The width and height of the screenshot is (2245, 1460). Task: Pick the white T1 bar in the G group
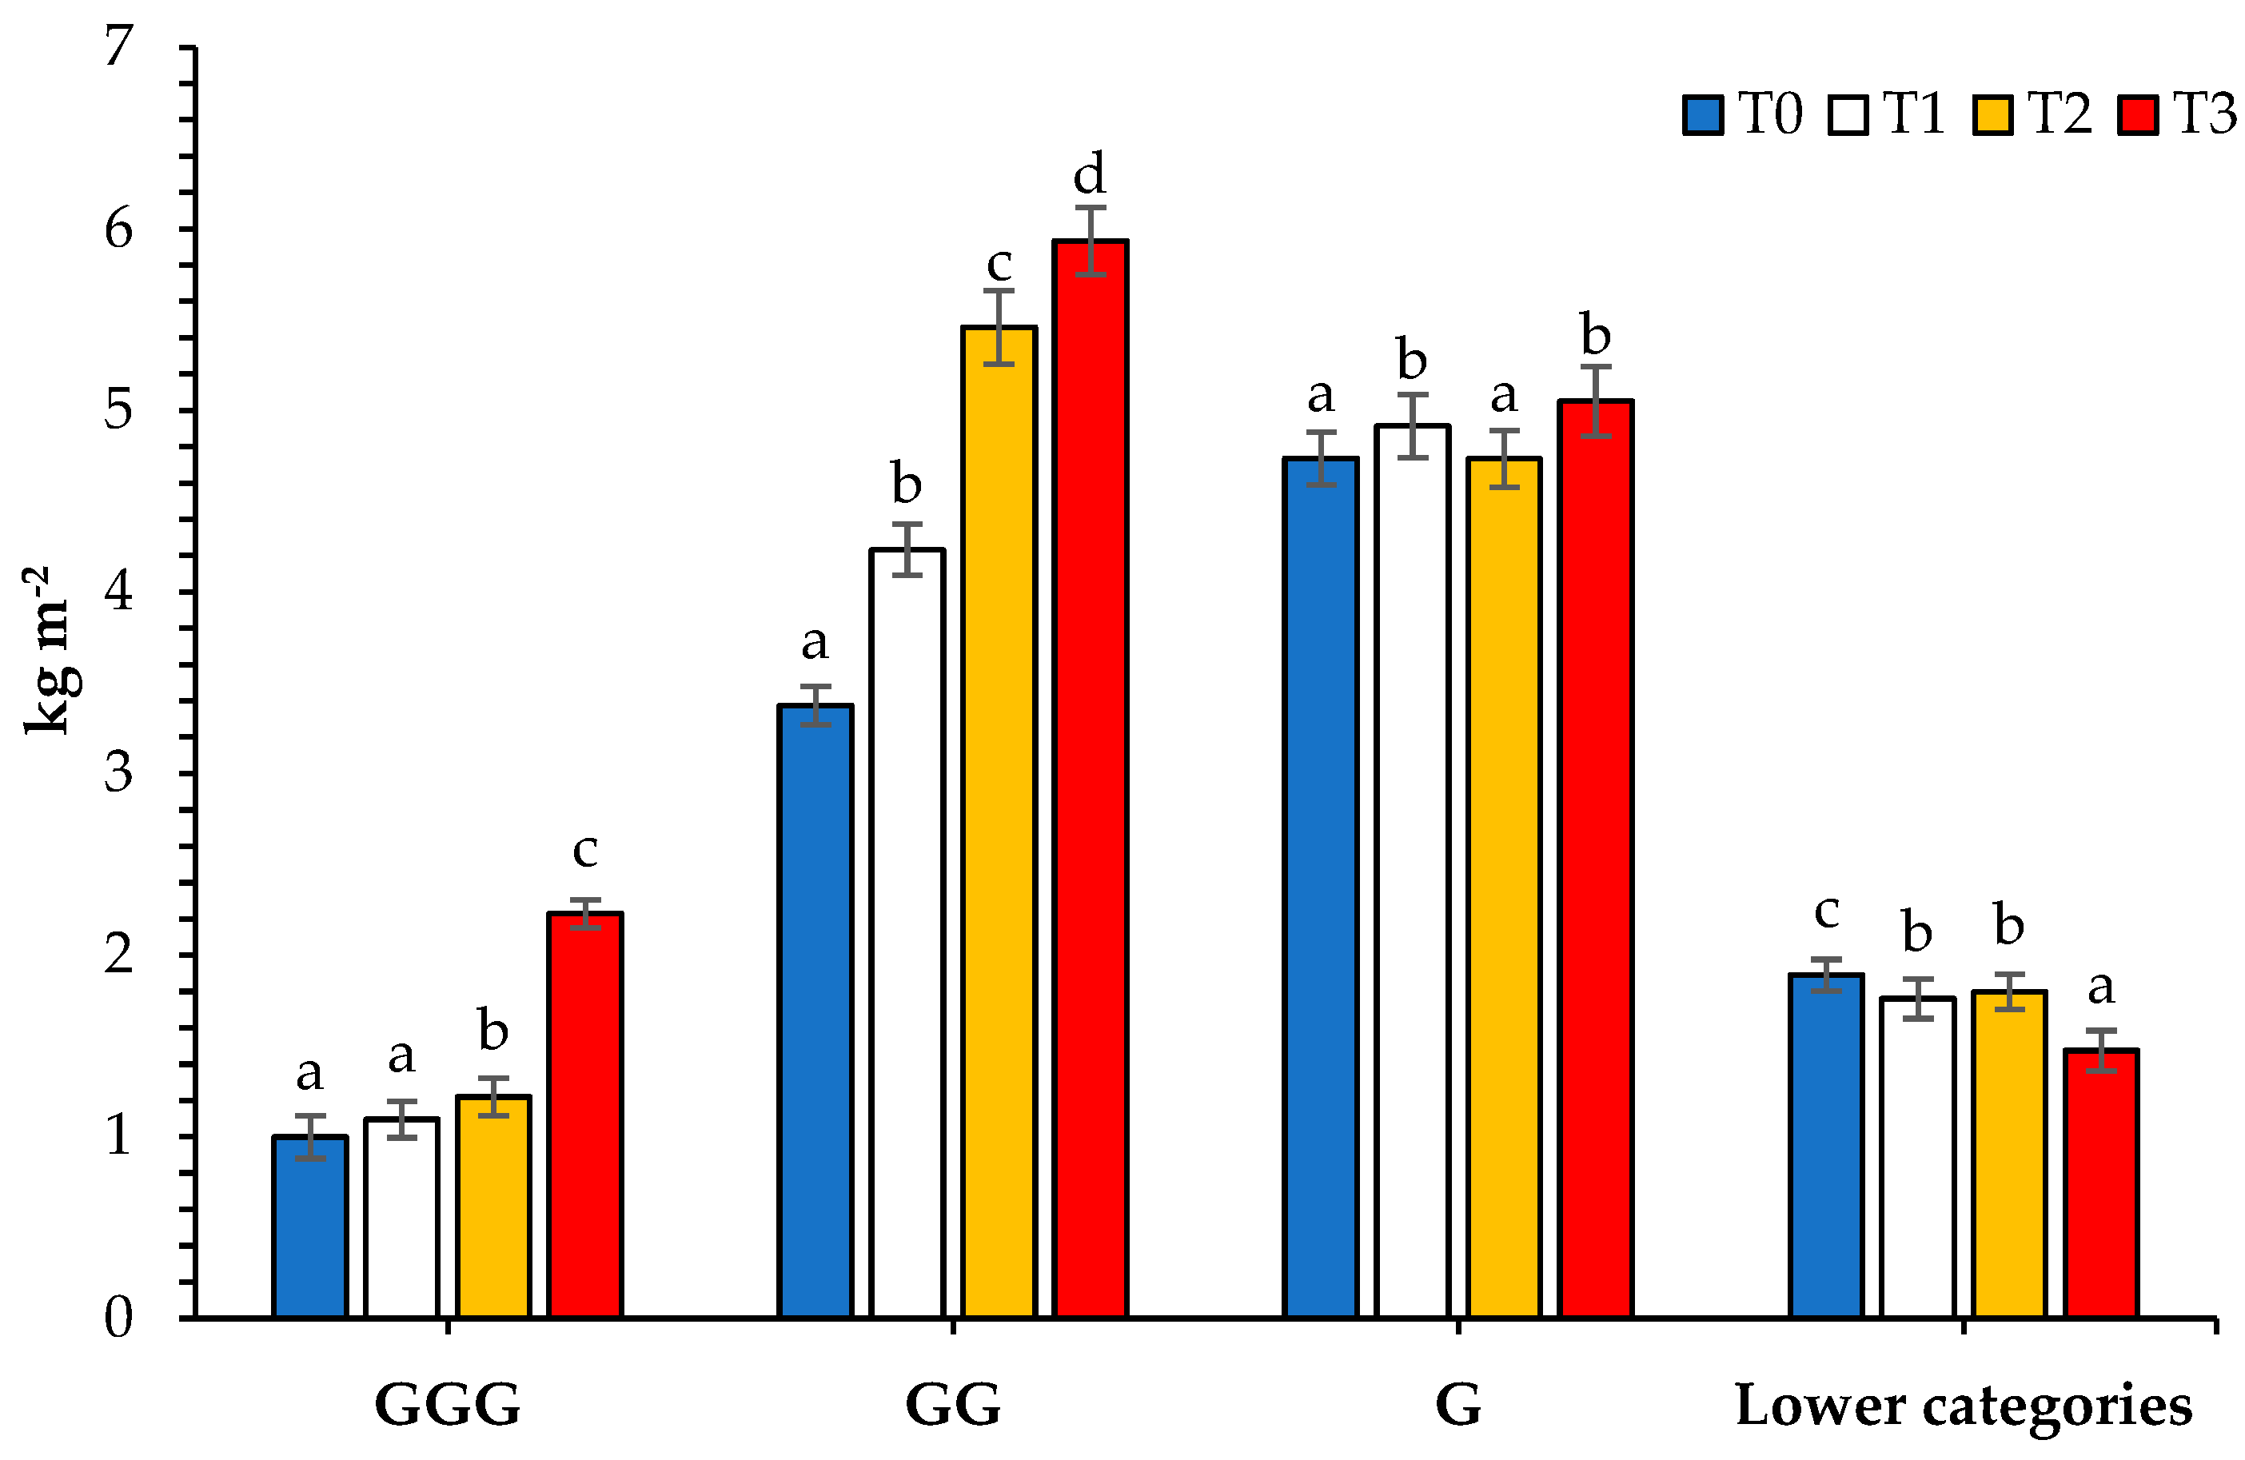click(1412, 872)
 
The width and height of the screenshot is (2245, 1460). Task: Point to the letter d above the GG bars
click(1090, 174)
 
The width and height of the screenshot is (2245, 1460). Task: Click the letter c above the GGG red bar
click(584, 850)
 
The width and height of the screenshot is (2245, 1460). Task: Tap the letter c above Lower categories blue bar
click(1827, 911)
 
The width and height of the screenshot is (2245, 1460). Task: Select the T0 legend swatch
click(1704, 115)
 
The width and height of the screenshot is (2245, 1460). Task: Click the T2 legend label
click(2060, 114)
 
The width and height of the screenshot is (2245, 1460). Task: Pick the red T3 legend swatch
click(2137, 115)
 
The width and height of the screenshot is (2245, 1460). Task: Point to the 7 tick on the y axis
click(119, 46)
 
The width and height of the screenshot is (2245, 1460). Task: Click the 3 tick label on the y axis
click(119, 773)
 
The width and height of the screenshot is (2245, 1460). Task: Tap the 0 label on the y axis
click(119, 1318)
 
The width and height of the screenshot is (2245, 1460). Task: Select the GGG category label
click(447, 1406)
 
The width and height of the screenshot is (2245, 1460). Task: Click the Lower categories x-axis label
click(1964, 1406)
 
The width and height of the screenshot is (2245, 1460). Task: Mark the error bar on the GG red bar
click(1091, 241)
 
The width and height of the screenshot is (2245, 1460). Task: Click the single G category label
click(1457, 1406)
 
